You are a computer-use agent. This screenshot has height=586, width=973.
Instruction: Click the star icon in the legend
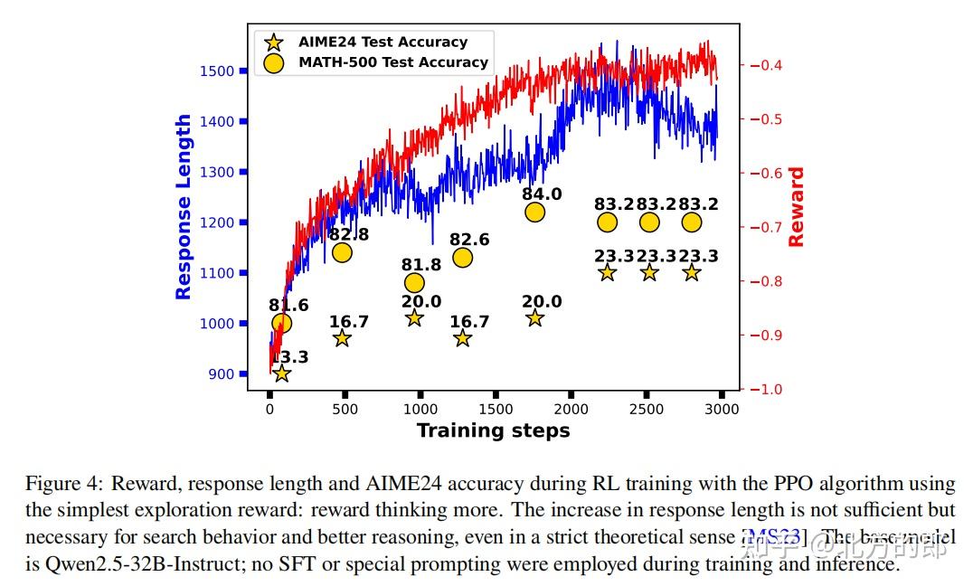coord(273,42)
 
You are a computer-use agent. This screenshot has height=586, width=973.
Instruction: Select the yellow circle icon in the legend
coord(273,62)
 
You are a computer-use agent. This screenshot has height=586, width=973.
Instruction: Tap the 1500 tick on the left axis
coord(217,71)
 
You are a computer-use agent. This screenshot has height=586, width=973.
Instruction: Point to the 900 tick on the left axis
coord(222,373)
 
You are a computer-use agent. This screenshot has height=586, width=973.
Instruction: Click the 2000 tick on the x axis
coord(571,410)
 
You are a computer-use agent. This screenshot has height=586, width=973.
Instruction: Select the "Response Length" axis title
coord(184,206)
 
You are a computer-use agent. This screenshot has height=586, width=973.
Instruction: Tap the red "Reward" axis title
coord(796,206)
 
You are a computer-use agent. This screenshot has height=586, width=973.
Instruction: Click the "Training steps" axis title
coord(493,430)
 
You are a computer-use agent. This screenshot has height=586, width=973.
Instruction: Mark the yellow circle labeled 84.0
coord(534,213)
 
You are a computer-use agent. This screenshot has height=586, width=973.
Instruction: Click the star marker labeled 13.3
coord(281,373)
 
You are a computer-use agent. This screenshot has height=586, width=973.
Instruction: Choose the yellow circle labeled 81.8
coord(414,283)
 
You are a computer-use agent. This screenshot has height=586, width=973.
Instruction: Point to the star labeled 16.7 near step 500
coord(342,338)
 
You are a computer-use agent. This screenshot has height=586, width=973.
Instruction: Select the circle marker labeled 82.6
coord(462,258)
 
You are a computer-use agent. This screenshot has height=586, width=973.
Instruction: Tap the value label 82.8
coord(348,234)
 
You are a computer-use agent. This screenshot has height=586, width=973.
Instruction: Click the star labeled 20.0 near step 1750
coord(534,318)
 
